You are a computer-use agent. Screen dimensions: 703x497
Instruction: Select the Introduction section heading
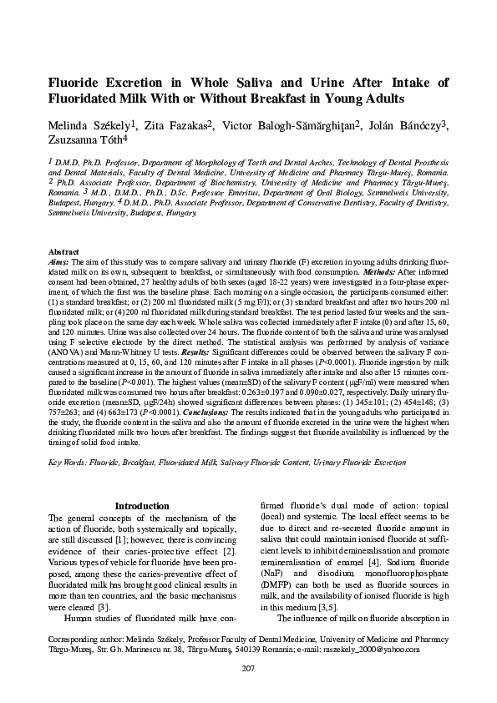point(142,506)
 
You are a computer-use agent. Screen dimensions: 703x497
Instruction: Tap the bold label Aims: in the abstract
point(59,261)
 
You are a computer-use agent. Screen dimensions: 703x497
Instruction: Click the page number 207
point(248,668)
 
